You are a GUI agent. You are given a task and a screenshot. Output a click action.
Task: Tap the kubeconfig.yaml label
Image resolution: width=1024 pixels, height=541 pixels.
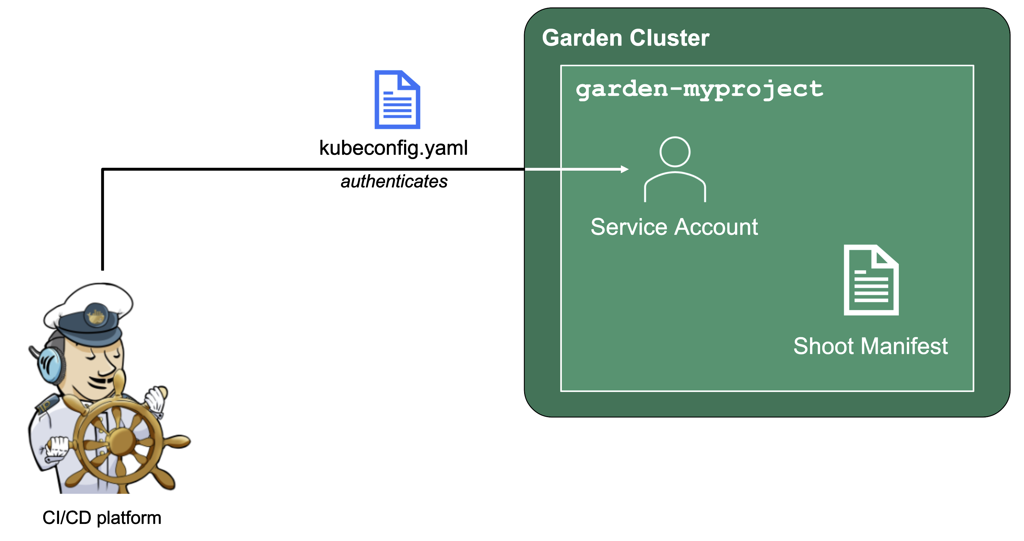(x=393, y=148)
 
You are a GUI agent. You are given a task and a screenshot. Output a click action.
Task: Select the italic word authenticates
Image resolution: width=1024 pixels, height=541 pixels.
(x=394, y=182)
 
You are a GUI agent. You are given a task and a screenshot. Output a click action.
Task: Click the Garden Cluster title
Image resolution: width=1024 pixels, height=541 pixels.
(x=625, y=38)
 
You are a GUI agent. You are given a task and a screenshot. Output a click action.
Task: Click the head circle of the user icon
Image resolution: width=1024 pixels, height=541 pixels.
(x=674, y=151)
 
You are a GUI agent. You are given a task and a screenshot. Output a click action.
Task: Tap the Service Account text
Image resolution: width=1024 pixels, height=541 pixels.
(x=674, y=227)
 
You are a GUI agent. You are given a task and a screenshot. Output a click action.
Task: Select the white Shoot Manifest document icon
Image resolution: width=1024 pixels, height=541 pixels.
(x=871, y=280)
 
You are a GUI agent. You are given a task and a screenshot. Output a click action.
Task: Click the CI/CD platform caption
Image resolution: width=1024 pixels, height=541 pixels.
(x=102, y=517)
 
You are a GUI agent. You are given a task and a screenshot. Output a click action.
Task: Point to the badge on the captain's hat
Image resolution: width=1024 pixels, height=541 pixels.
(x=96, y=316)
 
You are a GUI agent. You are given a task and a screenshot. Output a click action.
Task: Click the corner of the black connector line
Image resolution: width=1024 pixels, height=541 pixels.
(x=103, y=170)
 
